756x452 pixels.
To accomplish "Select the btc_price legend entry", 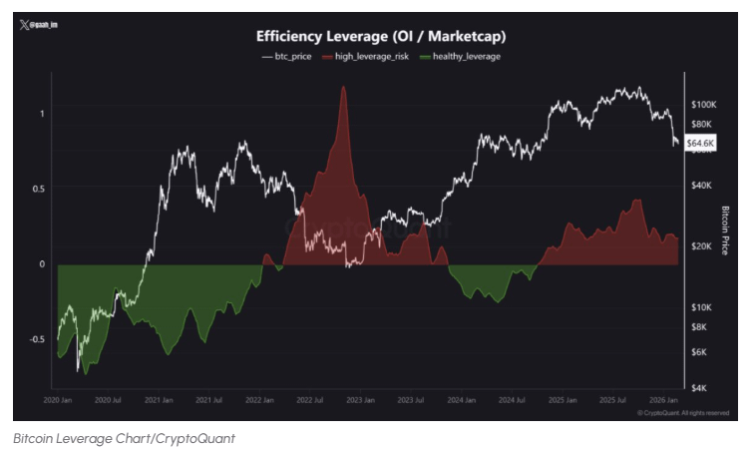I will [287, 57].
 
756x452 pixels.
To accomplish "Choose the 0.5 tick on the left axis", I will [39, 188].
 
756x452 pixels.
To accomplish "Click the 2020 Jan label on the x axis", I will [58, 399].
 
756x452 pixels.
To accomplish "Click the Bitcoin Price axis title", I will [725, 230].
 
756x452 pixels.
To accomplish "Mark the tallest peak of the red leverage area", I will [343, 89].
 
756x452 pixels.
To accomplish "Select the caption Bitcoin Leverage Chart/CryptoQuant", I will [125, 438].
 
